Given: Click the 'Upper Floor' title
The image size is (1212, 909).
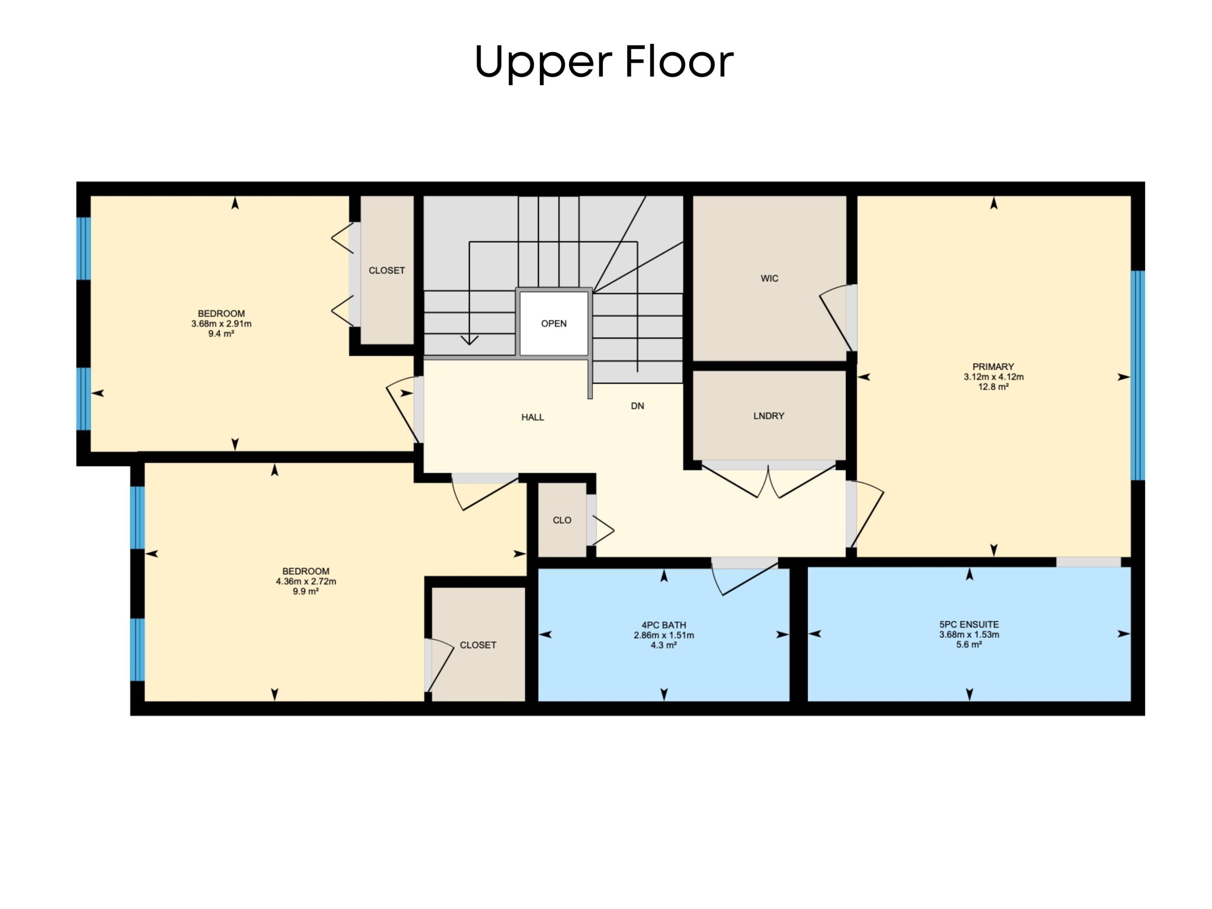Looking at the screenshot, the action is [x=604, y=61].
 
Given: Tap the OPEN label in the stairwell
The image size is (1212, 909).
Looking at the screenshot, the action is [x=554, y=323].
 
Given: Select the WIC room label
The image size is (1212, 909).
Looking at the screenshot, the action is [x=769, y=278].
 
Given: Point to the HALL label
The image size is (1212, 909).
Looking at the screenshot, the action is [x=532, y=417].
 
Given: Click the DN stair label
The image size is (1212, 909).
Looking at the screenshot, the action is [x=637, y=406].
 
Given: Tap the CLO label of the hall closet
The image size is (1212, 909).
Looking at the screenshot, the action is [x=562, y=520].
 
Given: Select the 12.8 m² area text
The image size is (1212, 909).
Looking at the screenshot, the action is [x=993, y=386].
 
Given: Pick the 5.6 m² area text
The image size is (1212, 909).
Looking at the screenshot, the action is [x=969, y=644].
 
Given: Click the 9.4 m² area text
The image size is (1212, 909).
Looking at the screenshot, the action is [x=221, y=333].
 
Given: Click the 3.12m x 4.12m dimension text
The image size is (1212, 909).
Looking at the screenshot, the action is [x=993, y=377].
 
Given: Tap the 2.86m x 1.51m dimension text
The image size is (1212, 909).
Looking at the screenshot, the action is [x=663, y=635].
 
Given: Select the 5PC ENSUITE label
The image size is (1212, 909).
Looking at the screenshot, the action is [x=969, y=624].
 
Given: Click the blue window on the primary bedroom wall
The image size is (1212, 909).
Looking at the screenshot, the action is [x=1138, y=375].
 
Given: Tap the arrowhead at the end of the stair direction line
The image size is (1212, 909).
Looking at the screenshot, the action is [x=469, y=340].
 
